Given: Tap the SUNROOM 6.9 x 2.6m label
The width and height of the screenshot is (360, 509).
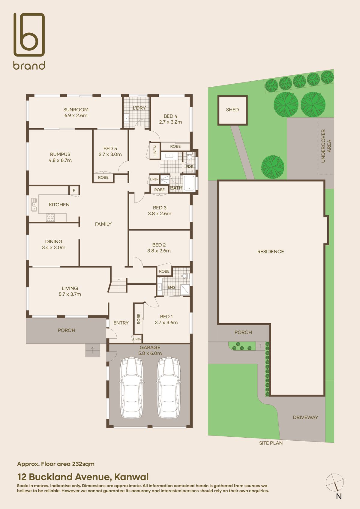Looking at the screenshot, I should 76,112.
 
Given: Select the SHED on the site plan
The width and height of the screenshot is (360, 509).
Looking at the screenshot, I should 232,110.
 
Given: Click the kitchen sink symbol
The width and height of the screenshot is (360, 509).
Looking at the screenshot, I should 34,205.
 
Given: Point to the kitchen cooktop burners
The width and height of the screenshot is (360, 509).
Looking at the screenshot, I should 50,217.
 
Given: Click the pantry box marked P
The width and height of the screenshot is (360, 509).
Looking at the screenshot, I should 74,190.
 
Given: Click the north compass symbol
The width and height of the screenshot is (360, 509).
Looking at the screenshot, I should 335,483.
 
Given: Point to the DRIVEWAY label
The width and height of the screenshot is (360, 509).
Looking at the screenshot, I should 305,417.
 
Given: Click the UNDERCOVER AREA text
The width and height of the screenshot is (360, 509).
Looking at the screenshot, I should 326,146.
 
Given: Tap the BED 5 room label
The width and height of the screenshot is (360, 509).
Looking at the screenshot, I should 110,151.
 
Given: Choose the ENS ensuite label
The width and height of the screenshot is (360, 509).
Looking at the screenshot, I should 171,287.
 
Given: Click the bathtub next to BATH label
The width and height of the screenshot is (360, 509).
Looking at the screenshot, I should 189,183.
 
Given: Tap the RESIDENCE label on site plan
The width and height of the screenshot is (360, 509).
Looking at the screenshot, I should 270,252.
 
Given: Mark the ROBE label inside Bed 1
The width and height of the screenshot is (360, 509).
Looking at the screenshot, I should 139,319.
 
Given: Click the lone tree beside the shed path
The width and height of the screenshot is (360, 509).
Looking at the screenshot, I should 272,167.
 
